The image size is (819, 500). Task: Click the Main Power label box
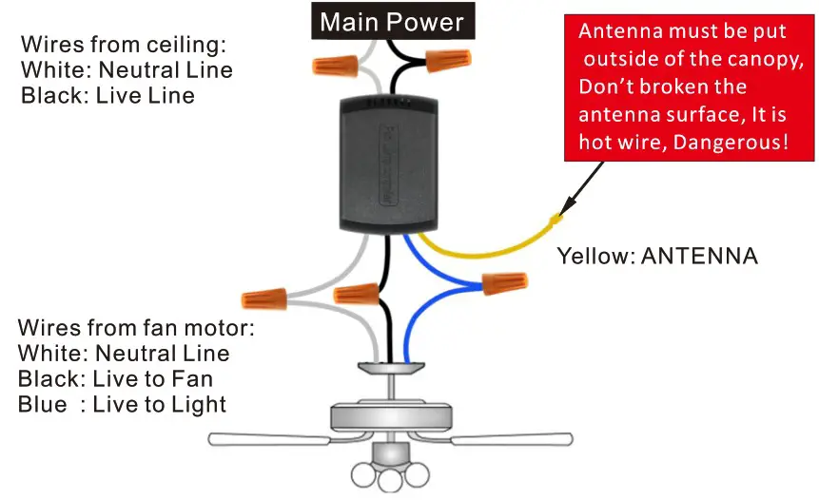[392, 21]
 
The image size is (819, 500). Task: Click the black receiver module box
[389, 163]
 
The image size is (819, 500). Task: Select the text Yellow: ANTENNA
[656, 256]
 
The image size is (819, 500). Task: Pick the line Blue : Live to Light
[122, 405]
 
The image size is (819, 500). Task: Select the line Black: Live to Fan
[115, 379]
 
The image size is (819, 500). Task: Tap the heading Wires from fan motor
[136, 328]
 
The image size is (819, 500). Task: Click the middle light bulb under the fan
[389, 480]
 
